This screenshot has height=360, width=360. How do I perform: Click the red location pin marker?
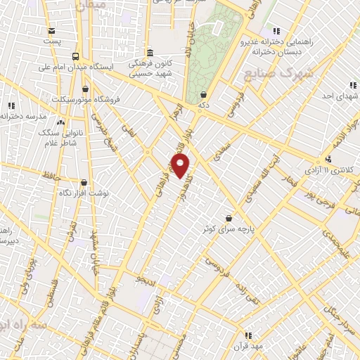tap(181, 166)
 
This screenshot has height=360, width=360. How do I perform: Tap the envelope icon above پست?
tap(52, 30)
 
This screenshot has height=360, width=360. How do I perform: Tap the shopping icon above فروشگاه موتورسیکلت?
tap(86, 89)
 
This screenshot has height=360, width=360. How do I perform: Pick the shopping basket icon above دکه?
tap(203, 95)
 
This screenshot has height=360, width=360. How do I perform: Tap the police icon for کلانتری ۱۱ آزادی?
tap(328, 159)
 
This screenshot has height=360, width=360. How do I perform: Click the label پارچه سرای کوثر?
tap(227, 230)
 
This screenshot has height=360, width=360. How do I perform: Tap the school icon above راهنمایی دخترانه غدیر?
tap(276, 31)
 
